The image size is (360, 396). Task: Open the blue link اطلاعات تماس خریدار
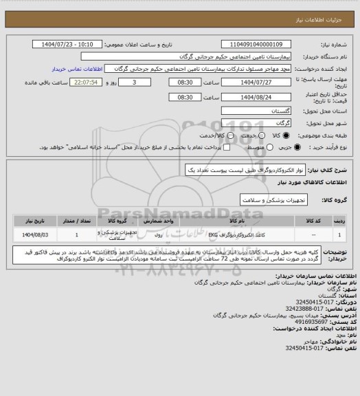(x=75, y=69)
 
